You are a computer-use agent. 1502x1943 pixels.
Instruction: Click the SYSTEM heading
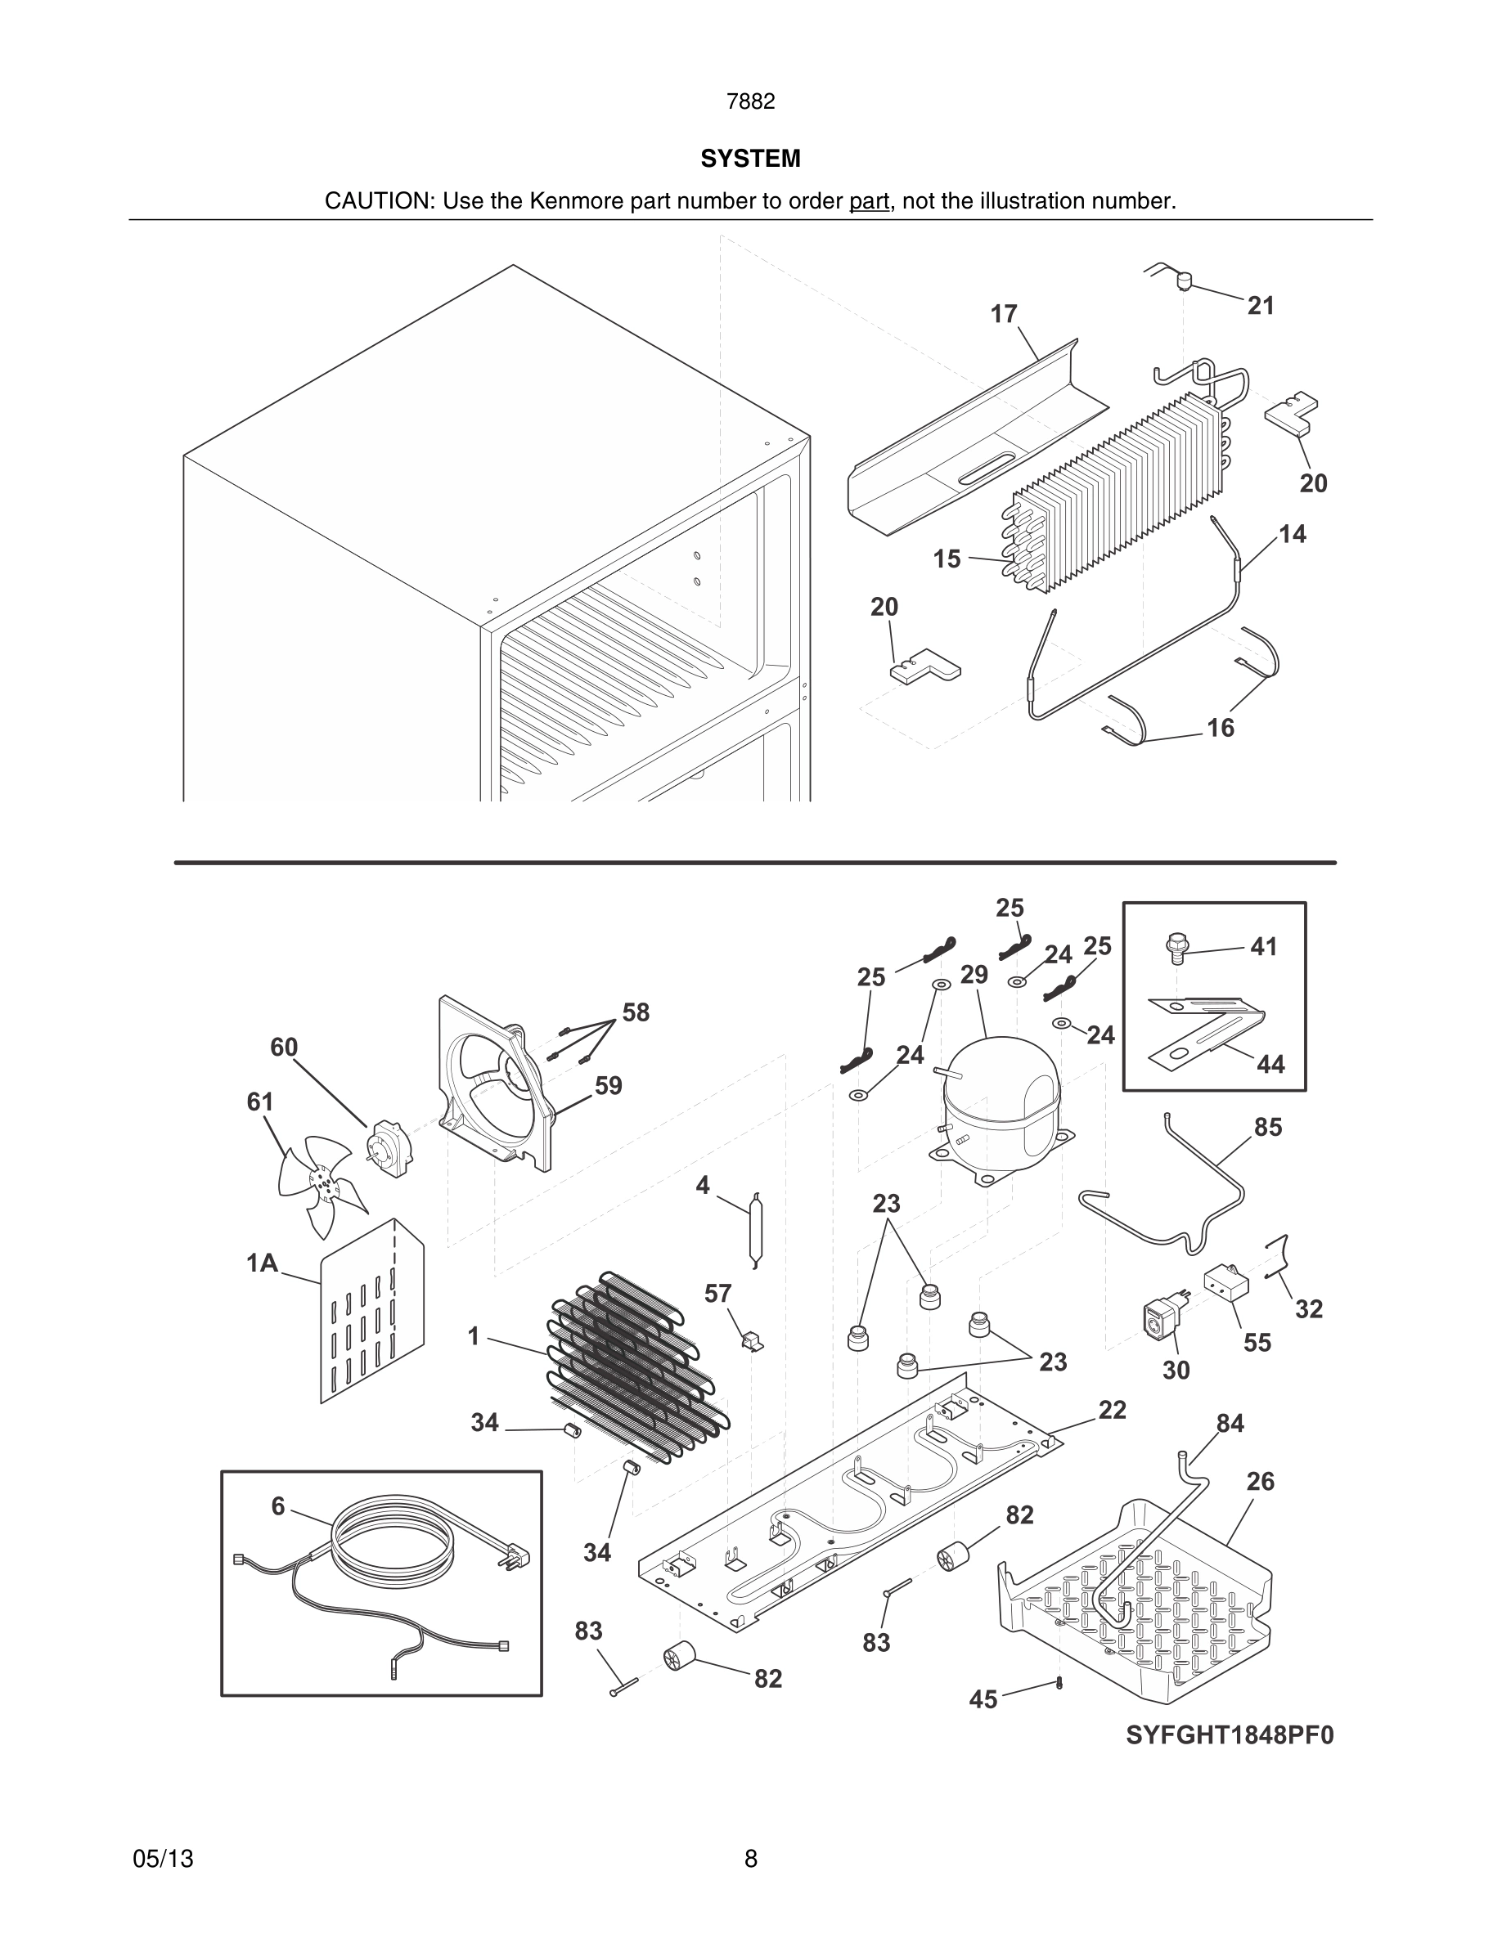750,159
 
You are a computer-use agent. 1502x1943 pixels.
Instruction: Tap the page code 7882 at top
750,101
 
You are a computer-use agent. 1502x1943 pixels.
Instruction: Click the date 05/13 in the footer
163,1859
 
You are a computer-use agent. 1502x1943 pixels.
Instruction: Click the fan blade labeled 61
318,1183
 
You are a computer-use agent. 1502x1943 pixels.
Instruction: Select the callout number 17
1004,314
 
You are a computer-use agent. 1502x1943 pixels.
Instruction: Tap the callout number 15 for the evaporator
947,559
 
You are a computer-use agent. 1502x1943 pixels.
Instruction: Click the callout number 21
1261,306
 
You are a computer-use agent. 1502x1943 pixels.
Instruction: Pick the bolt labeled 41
1177,949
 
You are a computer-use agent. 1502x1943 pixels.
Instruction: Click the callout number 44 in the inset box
1270,1064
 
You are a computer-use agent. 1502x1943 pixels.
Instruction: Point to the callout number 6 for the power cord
277,1505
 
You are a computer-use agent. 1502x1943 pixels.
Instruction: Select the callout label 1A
262,1263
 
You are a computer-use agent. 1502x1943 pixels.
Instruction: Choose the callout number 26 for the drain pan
1260,1481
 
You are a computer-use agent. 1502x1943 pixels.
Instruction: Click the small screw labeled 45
1059,1682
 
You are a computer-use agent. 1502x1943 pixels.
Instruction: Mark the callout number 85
1268,1127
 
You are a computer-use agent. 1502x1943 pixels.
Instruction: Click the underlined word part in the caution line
870,201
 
